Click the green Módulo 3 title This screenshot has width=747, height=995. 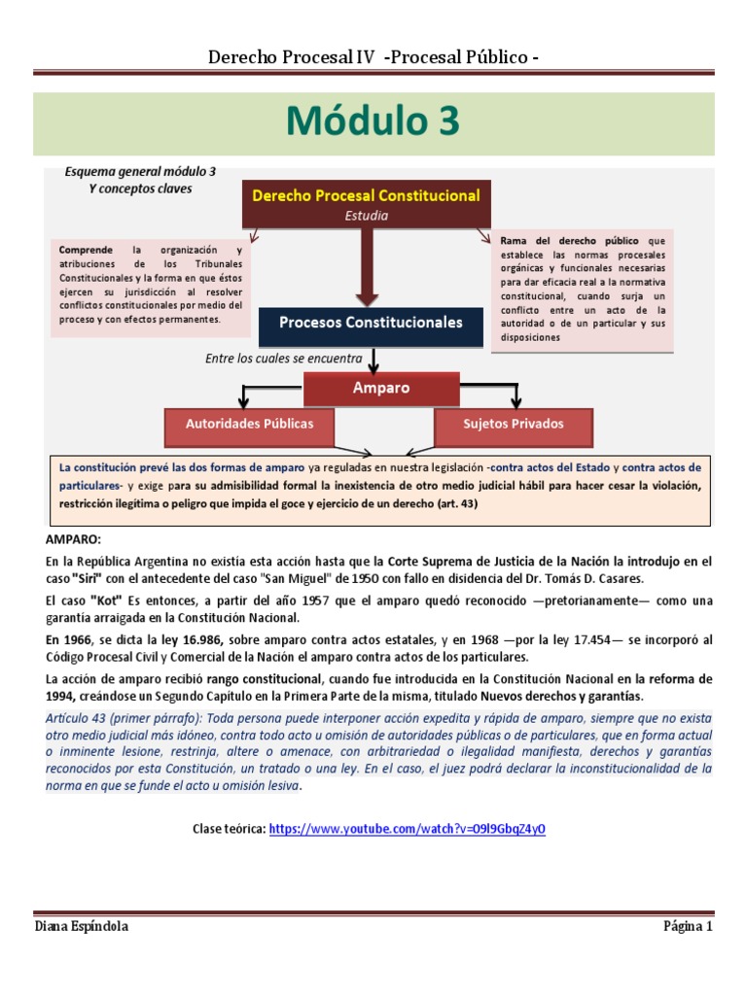[373, 122]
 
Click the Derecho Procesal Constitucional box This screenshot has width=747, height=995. [366, 195]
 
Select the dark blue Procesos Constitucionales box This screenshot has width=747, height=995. [371, 323]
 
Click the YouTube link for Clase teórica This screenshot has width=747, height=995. [407, 829]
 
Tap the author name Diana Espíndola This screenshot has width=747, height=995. [82, 926]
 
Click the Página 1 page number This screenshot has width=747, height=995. [688, 926]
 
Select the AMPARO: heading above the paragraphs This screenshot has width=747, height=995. [73, 538]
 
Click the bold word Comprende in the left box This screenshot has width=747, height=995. [85, 249]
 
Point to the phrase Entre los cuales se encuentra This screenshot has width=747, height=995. [284, 359]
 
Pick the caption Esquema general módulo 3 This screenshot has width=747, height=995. [140, 171]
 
